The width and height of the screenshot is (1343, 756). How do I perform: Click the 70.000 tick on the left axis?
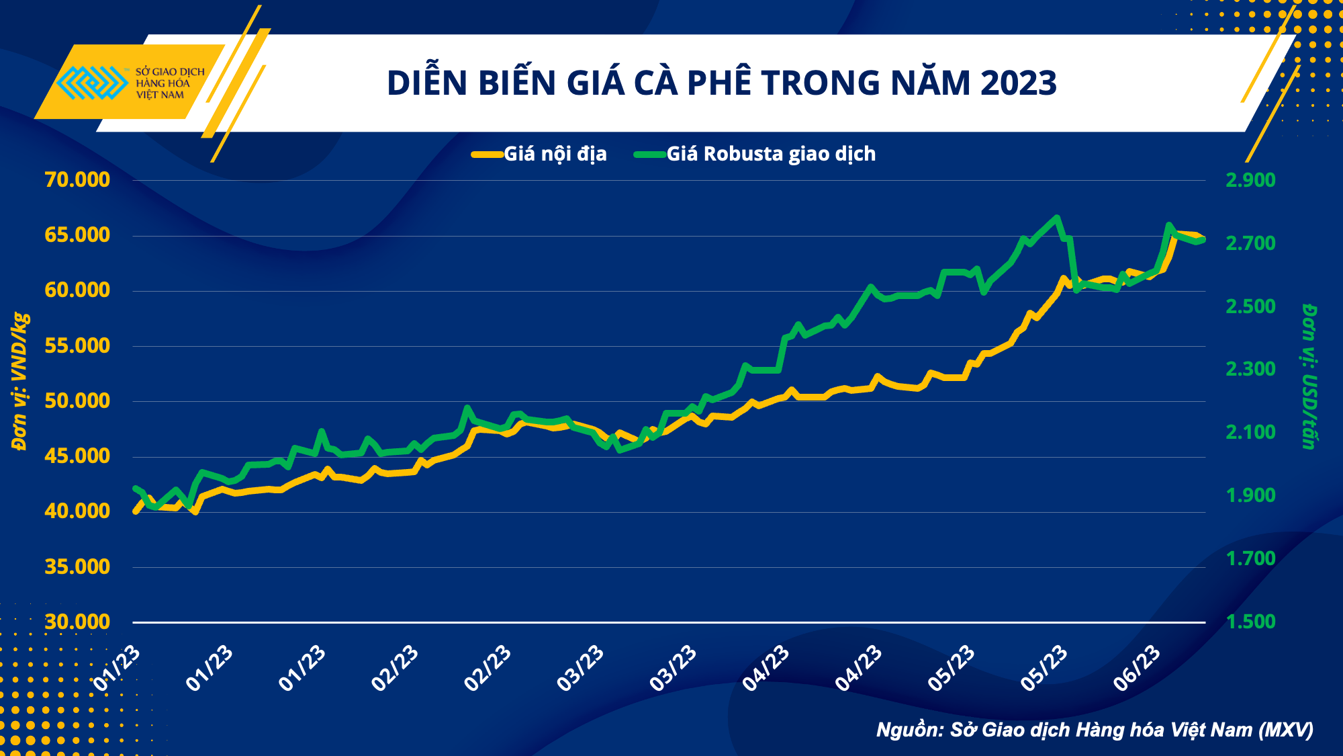click(x=77, y=180)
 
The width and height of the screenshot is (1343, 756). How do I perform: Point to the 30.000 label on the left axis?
click(x=77, y=622)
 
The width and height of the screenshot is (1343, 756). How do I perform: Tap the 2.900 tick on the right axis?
click(x=1250, y=180)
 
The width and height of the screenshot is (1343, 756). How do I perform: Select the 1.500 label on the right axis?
click(x=1250, y=622)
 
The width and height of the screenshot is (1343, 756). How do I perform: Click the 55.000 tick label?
click(x=77, y=345)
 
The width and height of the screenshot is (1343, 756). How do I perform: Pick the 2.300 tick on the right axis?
click(x=1250, y=369)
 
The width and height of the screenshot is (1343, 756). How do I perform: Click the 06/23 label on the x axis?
click(x=1138, y=668)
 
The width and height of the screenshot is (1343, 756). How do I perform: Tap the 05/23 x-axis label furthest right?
click(x=1045, y=668)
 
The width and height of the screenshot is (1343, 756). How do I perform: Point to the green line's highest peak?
click(x=1057, y=218)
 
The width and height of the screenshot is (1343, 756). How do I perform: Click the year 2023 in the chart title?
click(x=1018, y=83)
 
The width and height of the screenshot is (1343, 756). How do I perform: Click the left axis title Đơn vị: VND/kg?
click(x=20, y=381)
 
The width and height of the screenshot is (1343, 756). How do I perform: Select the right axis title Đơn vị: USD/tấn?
click(x=1309, y=376)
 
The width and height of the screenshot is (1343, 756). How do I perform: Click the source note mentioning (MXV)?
click(x=1095, y=730)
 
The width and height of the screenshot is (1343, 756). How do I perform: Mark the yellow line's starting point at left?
click(x=136, y=511)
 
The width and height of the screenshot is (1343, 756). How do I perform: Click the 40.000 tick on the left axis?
click(x=77, y=511)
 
